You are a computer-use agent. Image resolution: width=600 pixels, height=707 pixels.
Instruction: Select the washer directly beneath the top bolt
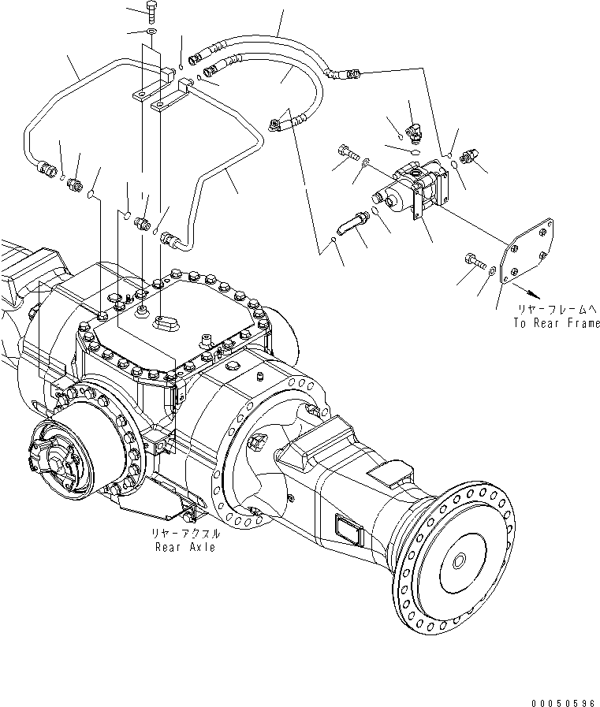151,32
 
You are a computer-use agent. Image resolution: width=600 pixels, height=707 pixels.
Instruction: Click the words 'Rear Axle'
184,547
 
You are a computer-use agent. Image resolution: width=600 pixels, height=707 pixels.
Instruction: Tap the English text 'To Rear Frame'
556,322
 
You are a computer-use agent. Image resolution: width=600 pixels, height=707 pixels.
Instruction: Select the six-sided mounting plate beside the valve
527,252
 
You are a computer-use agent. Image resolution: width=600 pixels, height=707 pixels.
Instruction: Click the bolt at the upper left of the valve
346,151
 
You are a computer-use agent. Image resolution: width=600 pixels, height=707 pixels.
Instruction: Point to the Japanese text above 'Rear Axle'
186,534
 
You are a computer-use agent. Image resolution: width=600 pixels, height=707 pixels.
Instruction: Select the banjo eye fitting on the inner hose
275,122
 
